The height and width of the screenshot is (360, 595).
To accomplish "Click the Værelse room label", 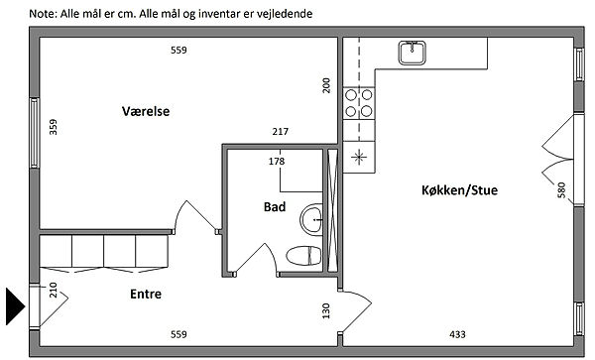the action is click(x=146, y=111).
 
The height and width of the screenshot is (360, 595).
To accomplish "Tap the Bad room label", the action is click(x=275, y=206).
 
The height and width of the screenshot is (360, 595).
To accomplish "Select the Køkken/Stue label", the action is click(x=459, y=189).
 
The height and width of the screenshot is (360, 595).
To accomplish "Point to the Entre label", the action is click(x=146, y=294).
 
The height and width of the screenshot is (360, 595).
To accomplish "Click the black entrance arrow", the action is click(x=15, y=306).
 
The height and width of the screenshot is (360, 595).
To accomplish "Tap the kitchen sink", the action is click(x=412, y=53).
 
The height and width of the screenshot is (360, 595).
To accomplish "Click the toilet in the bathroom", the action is click(x=304, y=255).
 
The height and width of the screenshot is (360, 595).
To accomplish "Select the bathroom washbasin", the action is click(x=311, y=219).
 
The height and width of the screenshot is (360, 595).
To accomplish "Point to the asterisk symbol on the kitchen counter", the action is click(x=359, y=157).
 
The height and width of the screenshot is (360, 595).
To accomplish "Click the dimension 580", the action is click(x=561, y=190).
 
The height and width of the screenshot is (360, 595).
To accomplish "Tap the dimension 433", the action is click(x=457, y=334).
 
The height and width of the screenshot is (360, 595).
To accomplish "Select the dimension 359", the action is click(x=54, y=127).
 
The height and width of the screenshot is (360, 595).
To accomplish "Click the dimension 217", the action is click(x=280, y=131).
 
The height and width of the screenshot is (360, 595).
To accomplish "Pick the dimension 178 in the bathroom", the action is click(x=277, y=162).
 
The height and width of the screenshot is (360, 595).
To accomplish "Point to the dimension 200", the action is click(x=326, y=85).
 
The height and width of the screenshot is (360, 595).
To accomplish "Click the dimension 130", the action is click(x=326, y=310).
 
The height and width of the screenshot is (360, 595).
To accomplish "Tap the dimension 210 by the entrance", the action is click(x=54, y=290).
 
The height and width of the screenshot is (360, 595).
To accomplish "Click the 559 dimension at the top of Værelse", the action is click(x=178, y=50).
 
